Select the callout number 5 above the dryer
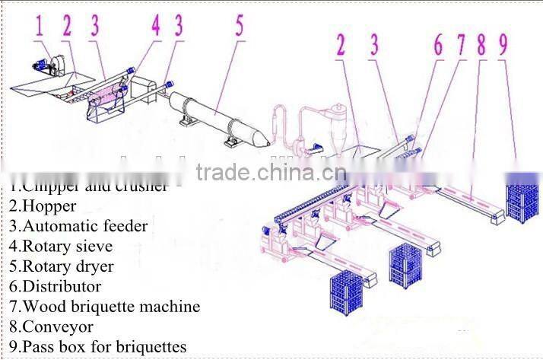(239, 27)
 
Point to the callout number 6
(438, 46)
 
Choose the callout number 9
(503, 46)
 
